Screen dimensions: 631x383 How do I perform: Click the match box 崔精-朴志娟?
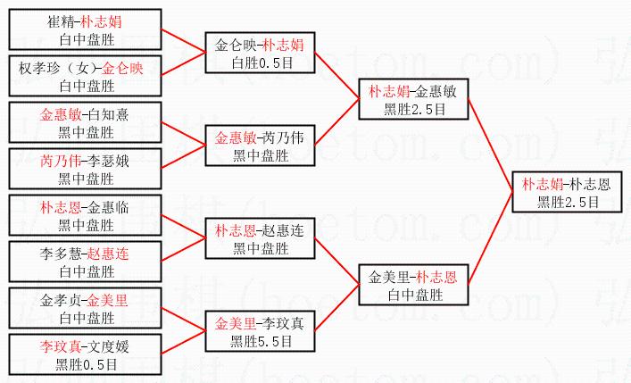(x=86, y=30)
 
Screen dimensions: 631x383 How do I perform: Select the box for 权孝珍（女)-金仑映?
(x=86, y=77)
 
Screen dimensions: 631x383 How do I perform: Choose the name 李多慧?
(x=59, y=253)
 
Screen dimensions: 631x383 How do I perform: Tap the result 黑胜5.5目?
(x=262, y=340)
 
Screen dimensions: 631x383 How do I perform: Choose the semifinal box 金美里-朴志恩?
(x=412, y=285)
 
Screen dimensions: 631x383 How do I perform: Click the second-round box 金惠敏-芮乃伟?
(x=261, y=146)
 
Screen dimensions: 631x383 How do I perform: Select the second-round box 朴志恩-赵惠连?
(x=261, y=238)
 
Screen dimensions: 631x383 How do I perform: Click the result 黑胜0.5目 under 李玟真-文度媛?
(x=86, y=363)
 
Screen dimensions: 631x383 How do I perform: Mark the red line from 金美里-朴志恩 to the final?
(x=491, y=236)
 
